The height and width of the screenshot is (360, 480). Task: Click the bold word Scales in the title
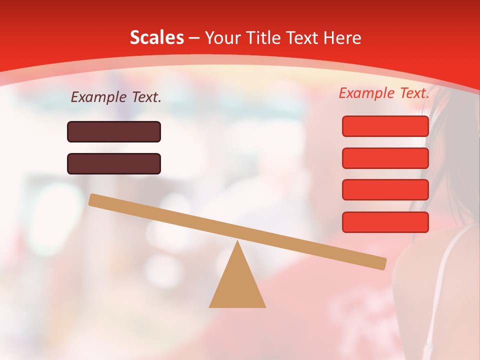point(157,38)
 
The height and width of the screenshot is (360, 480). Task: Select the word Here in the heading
point(342,38)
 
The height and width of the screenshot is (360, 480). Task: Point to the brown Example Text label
point(116,97)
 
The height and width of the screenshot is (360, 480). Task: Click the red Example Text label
point(384,93)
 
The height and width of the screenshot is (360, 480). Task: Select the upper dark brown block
point(114,132)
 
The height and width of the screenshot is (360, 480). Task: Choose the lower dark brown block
point(114,164)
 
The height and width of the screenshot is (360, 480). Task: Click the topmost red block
point(385,126)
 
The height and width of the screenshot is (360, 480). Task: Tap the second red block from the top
point(385,158)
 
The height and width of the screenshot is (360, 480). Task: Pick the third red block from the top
point(385,190)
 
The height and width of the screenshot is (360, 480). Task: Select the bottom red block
point(385,222)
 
